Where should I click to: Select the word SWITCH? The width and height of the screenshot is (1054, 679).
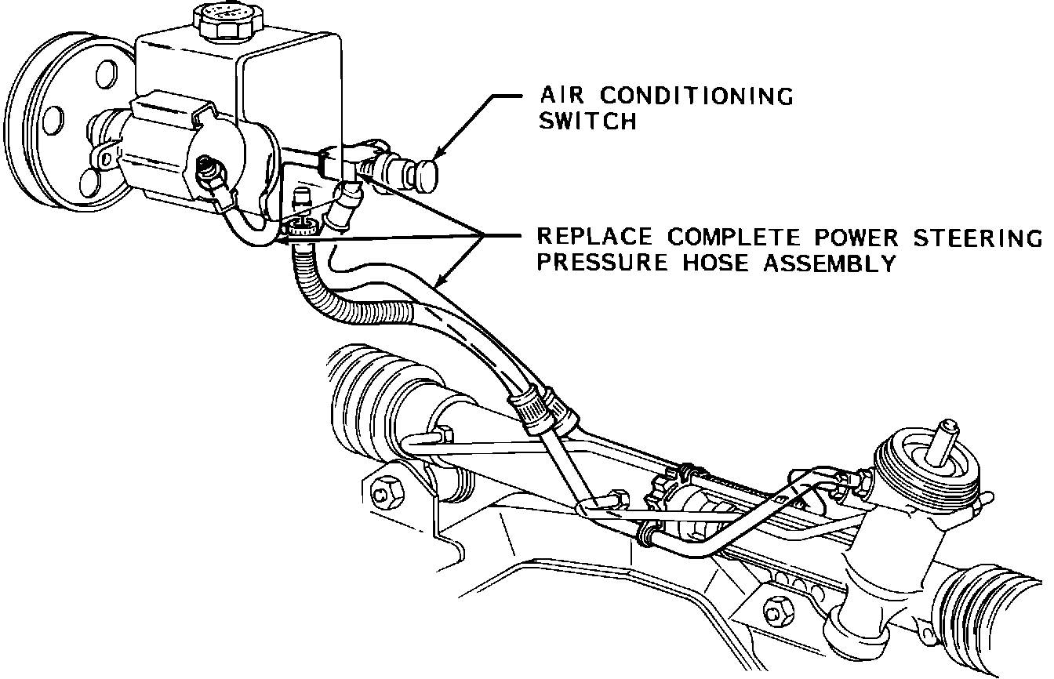587,122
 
